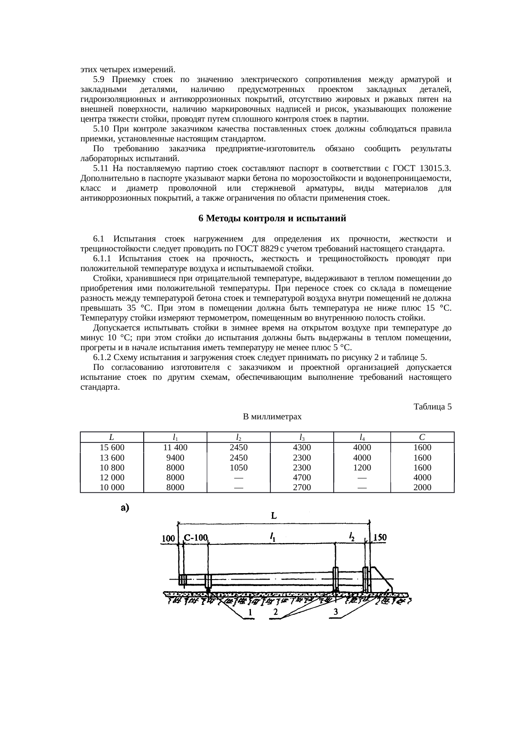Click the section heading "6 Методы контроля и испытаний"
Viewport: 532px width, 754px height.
point(272,219)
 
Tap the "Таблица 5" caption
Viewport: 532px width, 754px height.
point(432,406)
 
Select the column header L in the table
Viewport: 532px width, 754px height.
point(111,437)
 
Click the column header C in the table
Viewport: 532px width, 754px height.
point(422,437)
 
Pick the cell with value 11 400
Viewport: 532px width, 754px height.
point(175,447)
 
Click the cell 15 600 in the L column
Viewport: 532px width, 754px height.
point(112,447)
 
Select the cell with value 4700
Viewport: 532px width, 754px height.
point(302,477)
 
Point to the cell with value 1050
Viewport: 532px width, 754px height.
point(239,467)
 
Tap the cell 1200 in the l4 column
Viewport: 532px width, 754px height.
point(362,467)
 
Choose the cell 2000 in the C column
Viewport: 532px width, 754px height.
point(422,487)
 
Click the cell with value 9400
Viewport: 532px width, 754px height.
point(175,458)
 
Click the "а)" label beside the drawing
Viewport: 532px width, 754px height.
point(125,508)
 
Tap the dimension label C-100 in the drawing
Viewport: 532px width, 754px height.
point(196,537)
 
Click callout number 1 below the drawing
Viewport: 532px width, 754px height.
point(250,611)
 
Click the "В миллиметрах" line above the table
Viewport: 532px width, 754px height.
point(272,417)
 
